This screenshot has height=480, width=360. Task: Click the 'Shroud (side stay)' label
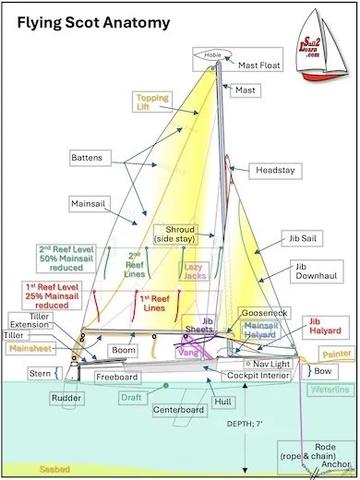[181, 234]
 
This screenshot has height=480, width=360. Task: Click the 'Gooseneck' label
[263, 314]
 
